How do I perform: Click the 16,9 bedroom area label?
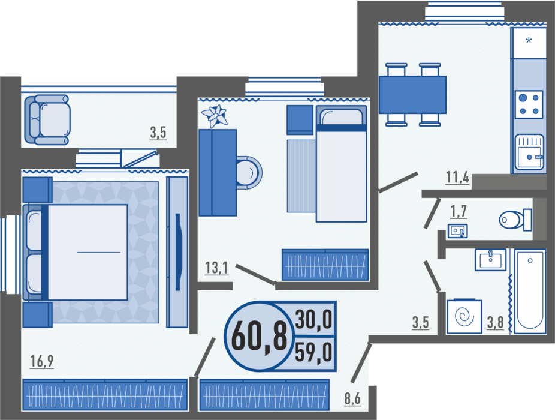point(42,361)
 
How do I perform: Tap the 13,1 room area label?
point(216,268)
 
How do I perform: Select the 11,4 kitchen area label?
point(458,177)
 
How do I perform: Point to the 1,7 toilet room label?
point(459,211)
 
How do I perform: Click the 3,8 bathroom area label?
point(495,323)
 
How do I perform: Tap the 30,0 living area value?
point(313,319)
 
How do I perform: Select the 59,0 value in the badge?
point(313,352)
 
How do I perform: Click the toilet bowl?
point(515,220)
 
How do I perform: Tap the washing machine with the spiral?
point(464,317)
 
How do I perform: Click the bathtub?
point(530,292)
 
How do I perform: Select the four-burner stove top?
point(529,104)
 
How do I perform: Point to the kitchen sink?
point(529,152)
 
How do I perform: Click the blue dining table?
point(412,95)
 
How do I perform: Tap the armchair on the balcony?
point(47,120)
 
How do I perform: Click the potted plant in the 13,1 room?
point(214,116)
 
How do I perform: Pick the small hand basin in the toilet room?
point(458,231)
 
